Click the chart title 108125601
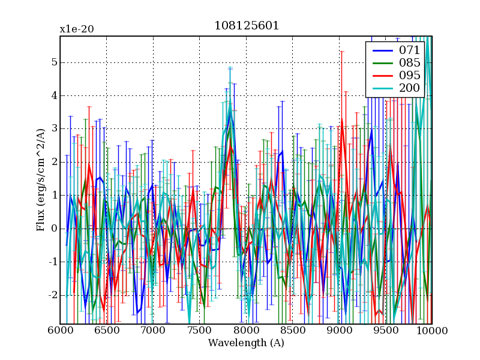(x=246, y=26)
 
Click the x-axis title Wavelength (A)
(x=246, y=343)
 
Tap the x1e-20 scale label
(x=76, y=29)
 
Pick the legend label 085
(x=409, y=62)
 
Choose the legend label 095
(x=409, y=76)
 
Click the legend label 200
(x=409, y=89)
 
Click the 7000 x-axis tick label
(x=153, y=331)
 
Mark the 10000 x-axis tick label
(x=431, y=331)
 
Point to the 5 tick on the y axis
(x=54, y=62)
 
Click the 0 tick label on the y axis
(x=54, y=229)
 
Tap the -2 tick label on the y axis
(x=52, y=295)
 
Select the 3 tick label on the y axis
(x=54, y=129)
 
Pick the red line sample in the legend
(x=382, y=76)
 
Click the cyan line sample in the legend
(x=382, y=89)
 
